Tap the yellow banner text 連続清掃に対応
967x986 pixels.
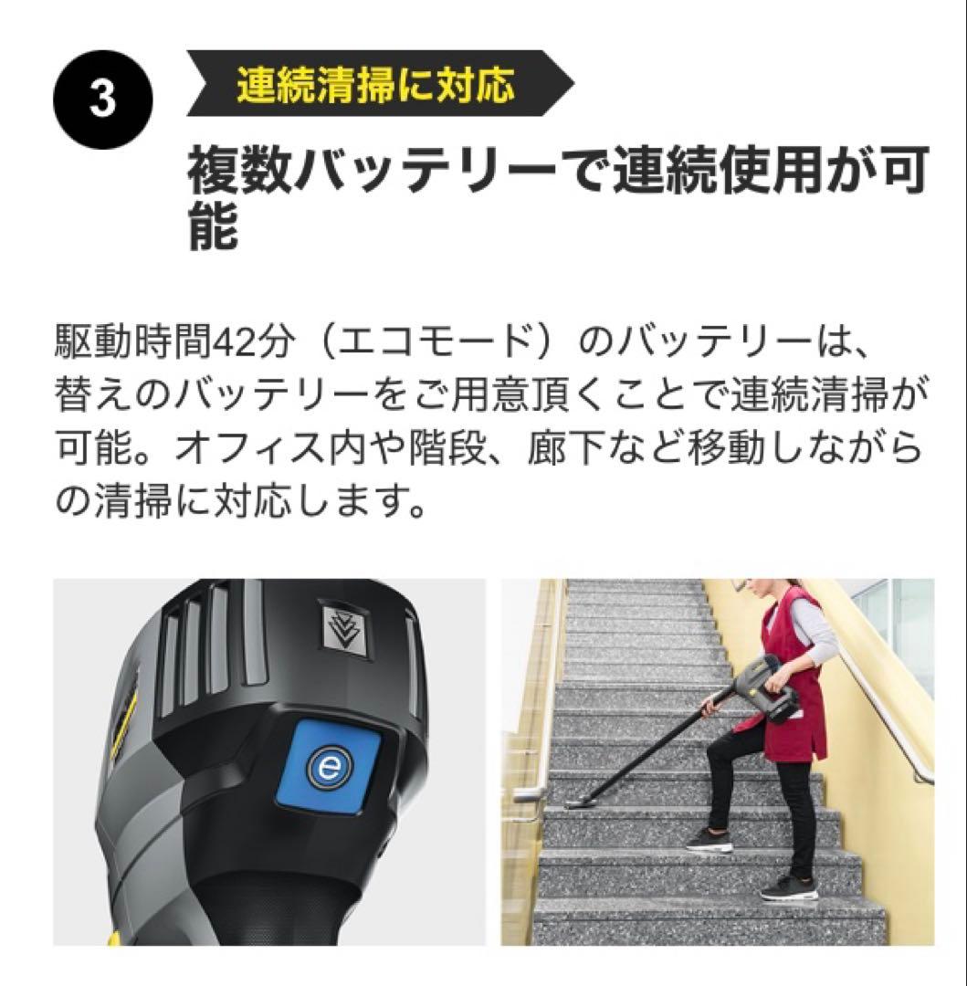pos(375,85)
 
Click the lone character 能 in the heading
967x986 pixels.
pos(214,226)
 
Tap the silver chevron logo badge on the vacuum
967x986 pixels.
pos(345,629)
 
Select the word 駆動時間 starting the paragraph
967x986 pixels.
pos(133,343)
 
